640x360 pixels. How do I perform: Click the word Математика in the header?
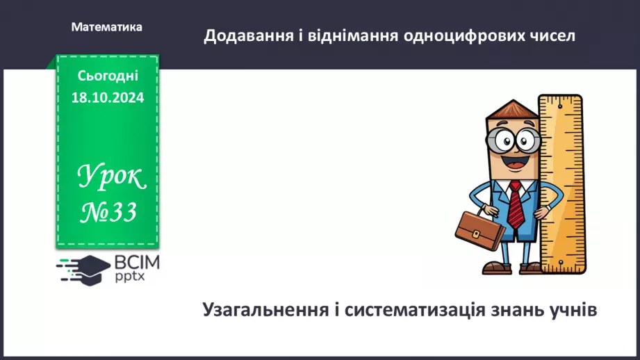(106, 27)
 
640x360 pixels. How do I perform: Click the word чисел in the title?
(552, 35)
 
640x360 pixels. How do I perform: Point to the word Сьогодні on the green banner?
(108, 76)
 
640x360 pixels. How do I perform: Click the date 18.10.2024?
(108, 98)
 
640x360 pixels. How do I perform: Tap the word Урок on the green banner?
(111, 179)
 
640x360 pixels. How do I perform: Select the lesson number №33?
(108, 212)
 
